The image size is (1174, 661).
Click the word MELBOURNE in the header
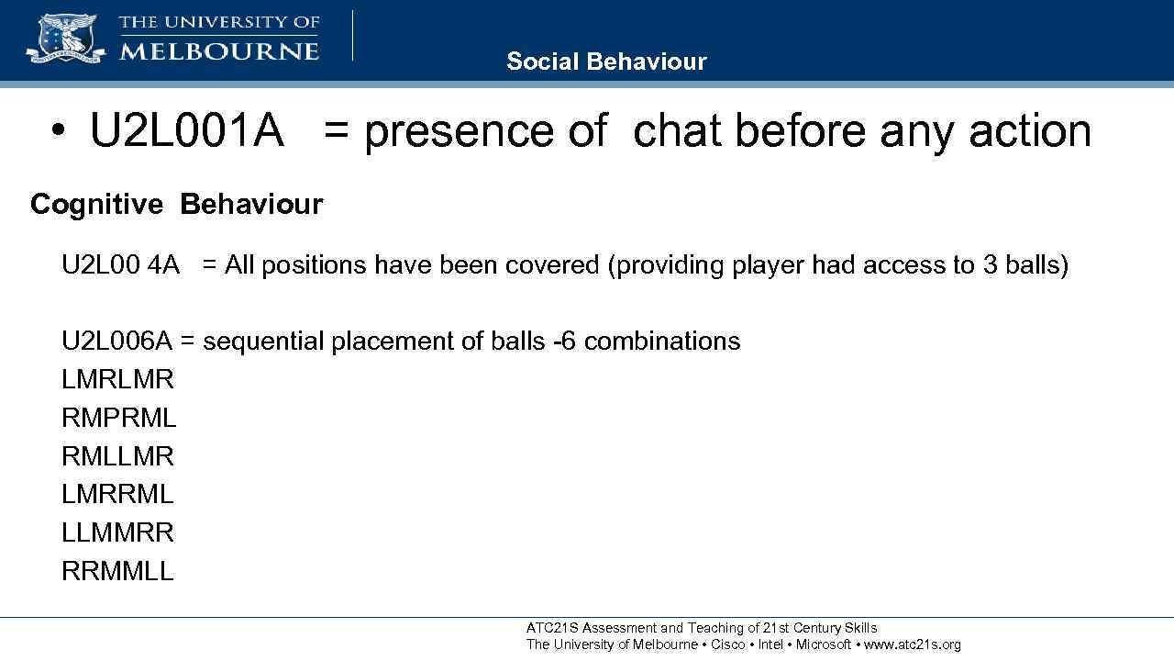pyautogui.click(x=219, y=50)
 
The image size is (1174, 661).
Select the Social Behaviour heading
pyautogui.click(x=606, y=62)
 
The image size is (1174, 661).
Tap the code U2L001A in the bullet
pyautogui.click(x=187, y=130)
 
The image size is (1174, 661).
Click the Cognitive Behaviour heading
pyautogui.click(x=176, y=204)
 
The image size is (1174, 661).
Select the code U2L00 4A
pyautogui.click(x=120, y=265)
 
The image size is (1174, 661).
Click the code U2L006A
pyautogui.click(x=116, y=342)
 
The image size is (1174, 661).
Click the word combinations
pyautogui.click(x=661, y=342)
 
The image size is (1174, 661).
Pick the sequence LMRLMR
pyautogui.click(x=117, y=379)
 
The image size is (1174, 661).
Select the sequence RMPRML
pyautogui.click(x=118, y=418)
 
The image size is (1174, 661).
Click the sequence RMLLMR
pyautogui.click(x=117, y=456)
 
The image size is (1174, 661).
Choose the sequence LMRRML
pyautogui.click(x=117, y=494)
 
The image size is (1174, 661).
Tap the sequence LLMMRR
pyautogui.click(x=117, y=532)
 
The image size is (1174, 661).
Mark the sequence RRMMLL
pyautogui.click(x=117, y=571)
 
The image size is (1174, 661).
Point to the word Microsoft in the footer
pyautogui.click(x=823, y=644)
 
